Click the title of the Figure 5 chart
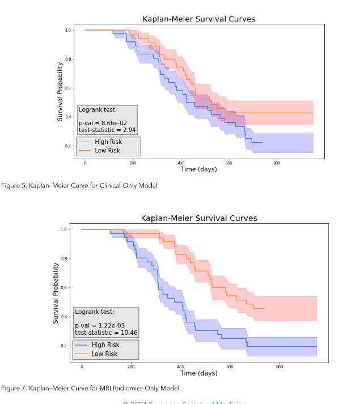(198, 19)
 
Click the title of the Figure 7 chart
(198, 218)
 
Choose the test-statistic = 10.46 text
(106, 333)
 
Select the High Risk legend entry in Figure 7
(105, 345)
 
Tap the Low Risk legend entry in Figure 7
(104, 354)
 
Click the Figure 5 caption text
(79, 185)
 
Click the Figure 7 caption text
(90, 388)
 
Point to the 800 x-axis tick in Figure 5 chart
(277, 163)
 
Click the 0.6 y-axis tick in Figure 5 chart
(68, 88)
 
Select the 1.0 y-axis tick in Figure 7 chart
(65, 229)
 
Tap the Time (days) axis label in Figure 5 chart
(198, 169)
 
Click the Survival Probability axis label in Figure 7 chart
(56, 293)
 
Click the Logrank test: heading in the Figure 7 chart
(94, 312)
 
